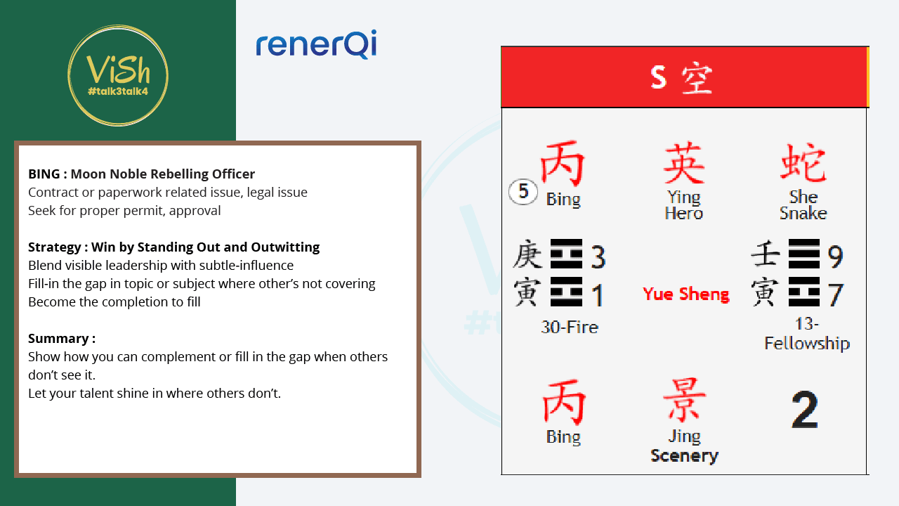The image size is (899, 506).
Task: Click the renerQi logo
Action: pyautogui.click(x=316, y=44)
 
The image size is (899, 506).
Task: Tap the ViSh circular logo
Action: pyautogui.click(x=118, y=75)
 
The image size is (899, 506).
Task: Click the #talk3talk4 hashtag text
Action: pyautogui.click(x=118, y=91)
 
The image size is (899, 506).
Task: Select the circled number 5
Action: pyautogui.click(x=523, y=192)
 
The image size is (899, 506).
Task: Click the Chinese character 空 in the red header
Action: pyautogui.click(x=697, y=78)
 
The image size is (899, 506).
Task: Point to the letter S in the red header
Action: pyautogui.click(x=658, y=77)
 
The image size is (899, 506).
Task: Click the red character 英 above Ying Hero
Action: pyautogui.click(x=684, y=162)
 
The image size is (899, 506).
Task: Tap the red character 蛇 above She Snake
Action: pyautogui.click(x=803, y=162)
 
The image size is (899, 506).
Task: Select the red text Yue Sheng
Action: pyautogui.click(x=686, y=294)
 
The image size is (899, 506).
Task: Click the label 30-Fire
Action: pyautogui.click(x=570, y=327)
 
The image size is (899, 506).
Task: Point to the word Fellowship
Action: pyautogui.click(x=807, y=344)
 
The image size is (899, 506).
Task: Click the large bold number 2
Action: pyautogui.click(x=805, y=409)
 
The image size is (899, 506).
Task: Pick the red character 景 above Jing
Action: pyautogui.click(x=684, y=400)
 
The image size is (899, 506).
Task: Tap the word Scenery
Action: pyautogui.click(x=684, y=456)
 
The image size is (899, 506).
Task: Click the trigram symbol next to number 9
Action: pyautogui.click(x=804, y=254)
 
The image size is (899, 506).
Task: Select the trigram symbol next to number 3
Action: pyautogui.click(x=566, y=254)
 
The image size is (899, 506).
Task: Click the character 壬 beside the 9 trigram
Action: pyautogui.click(x=766, y=254)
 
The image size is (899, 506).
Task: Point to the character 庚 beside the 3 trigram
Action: pyautogui.click(x=527, y=254)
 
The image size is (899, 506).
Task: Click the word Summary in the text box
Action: pyautogui.click(x=58, y=339)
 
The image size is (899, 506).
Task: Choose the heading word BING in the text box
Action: pyautogui.click(x=44, y=174)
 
